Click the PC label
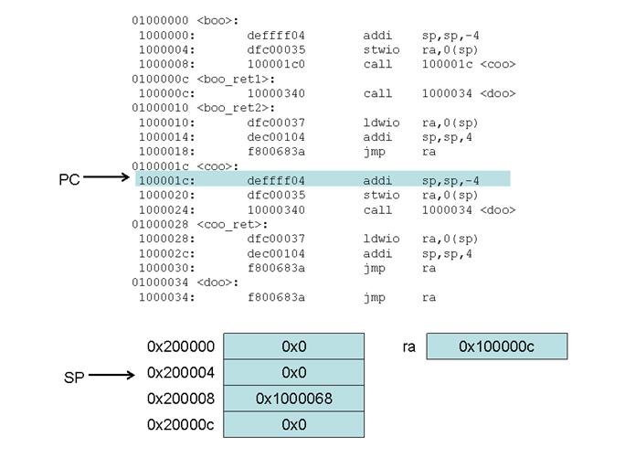[69, 180]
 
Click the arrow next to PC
[108, 180]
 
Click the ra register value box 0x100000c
[496, 346]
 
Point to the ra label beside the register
[408, 346]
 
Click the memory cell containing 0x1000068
[293, 399]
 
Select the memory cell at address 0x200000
[293, 346]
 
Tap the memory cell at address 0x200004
[293, 373]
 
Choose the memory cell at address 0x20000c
[293, 425]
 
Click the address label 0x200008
[181, 399]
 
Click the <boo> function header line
[185, 20]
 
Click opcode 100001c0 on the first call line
[276, 64]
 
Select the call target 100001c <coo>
[468, 64]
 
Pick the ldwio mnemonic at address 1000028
[380, 239]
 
